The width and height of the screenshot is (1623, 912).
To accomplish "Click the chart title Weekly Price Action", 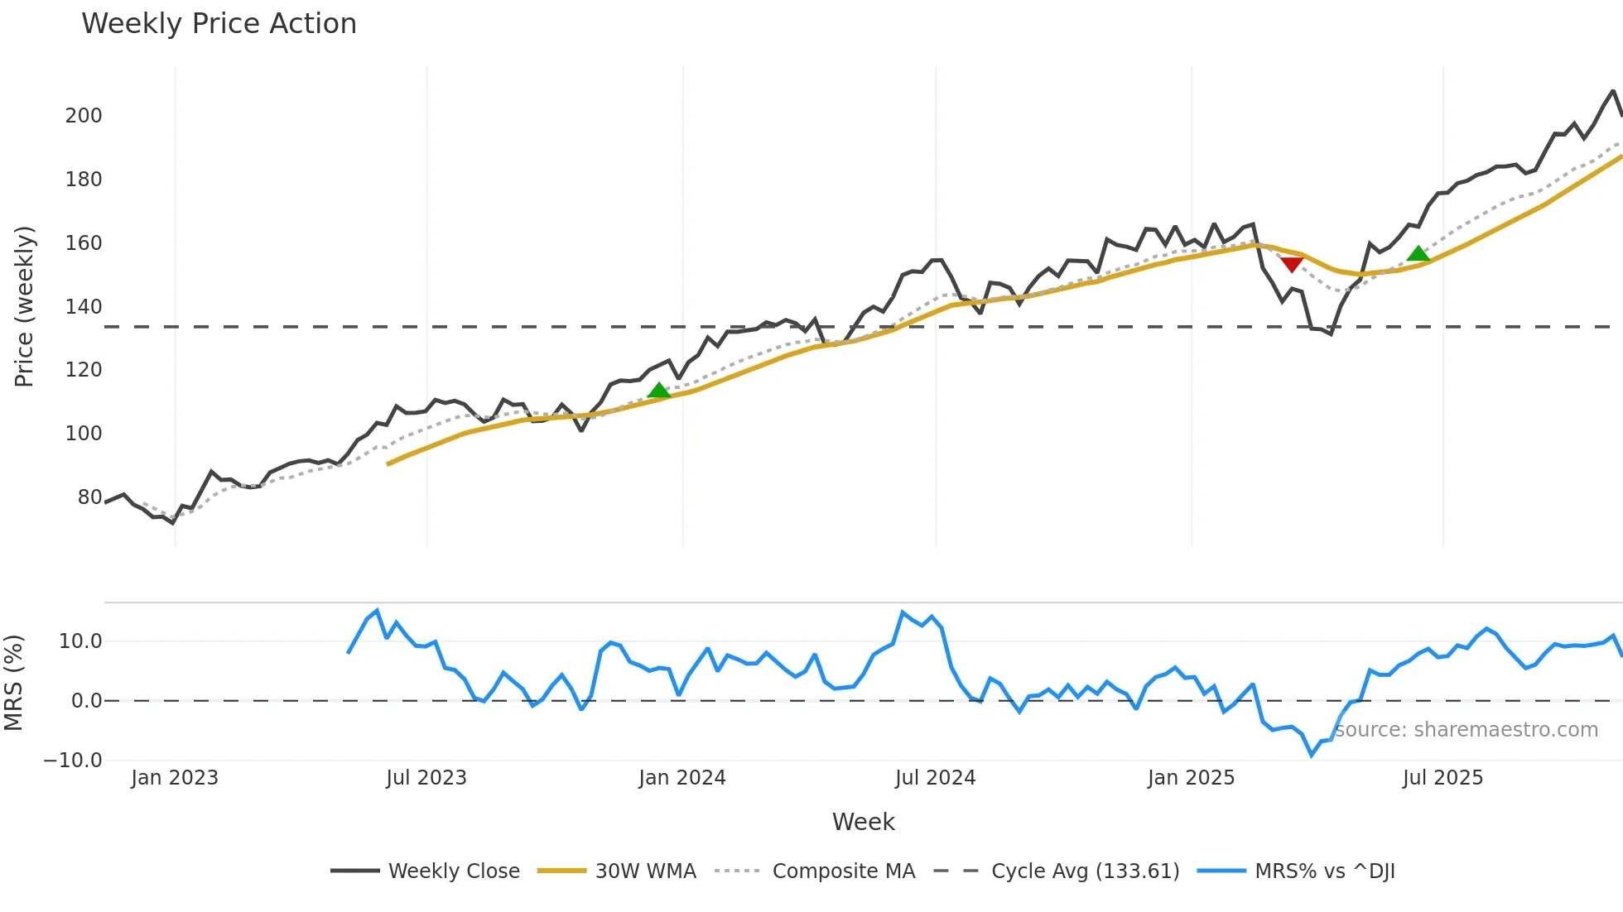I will [219, 24].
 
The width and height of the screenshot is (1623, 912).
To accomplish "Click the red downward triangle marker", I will [1292, 264].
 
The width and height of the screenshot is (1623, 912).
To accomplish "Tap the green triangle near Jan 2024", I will [658, 391].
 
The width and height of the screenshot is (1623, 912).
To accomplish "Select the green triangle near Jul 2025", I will [1418, 254].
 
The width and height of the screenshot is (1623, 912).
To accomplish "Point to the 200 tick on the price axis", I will [84, 116].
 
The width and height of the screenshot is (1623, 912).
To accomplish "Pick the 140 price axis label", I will [84, 307].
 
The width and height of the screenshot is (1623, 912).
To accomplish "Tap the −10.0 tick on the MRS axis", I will [73, 761].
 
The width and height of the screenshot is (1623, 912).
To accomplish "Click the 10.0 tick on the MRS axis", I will [80, 641].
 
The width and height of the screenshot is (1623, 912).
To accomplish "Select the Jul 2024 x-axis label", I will [935, 778].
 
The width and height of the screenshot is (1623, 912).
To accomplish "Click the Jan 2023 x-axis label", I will [175, 778].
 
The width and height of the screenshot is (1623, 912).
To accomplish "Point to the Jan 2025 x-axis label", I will [1191, 778].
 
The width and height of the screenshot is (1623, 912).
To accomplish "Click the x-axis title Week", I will [863, 822].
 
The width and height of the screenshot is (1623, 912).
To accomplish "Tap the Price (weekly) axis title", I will [24, 306].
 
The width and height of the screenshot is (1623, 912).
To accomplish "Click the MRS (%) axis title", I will [13, 683].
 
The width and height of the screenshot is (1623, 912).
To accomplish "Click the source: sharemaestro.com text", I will [1466, 730].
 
